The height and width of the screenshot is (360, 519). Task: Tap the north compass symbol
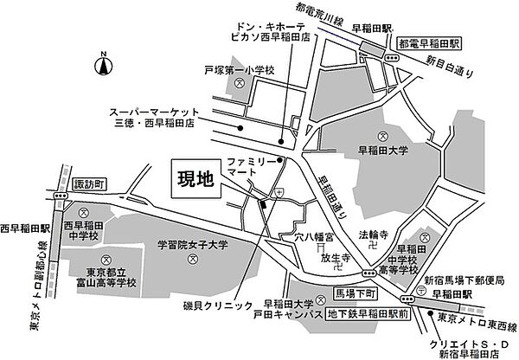[102, 64]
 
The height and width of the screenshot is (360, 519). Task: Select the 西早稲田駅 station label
[27, 229]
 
